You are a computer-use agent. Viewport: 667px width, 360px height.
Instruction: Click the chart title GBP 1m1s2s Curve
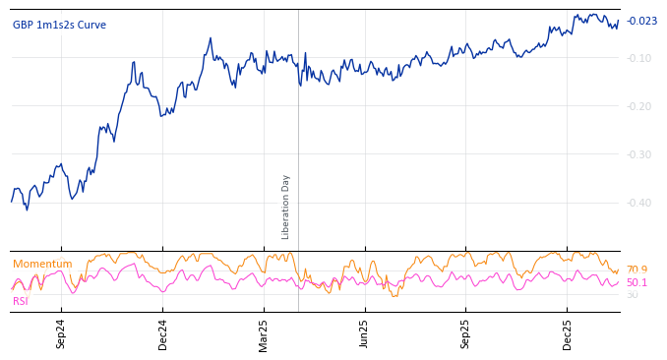coord(59,26)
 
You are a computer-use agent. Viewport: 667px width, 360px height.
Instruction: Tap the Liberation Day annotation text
coord(286,207)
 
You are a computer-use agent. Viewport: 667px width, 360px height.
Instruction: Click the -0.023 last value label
coord(642,22)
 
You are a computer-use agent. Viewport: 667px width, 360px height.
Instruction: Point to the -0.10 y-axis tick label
coord(640,58)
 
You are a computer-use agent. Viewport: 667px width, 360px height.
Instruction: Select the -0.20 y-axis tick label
coord(640,106)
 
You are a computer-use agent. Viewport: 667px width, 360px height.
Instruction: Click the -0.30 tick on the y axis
coord(640,154)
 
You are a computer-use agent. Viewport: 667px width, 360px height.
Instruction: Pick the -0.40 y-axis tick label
coord(640,203)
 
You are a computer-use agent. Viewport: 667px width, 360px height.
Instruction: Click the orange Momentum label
coord(42,265)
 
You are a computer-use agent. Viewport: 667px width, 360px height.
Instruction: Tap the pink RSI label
coord(21,301)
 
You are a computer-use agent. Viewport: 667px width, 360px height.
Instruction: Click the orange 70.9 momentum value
coord(637,270)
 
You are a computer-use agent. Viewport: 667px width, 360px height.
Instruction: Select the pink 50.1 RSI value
coord(637,282)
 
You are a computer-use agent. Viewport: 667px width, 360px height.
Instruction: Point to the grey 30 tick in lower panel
coord(632,295)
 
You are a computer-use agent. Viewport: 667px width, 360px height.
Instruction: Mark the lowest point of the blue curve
coord(27,210)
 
